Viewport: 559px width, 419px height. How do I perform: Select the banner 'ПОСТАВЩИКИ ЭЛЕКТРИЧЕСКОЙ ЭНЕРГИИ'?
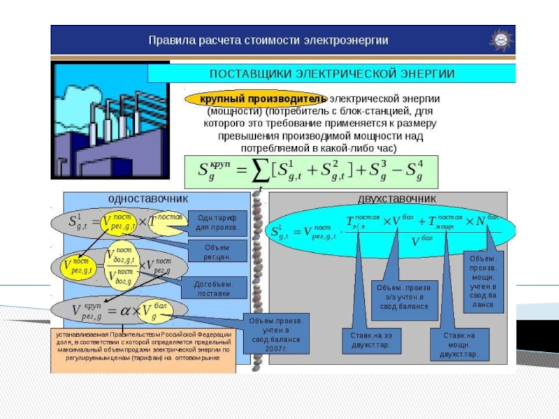(332, 73)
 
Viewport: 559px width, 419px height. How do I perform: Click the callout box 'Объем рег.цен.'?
(217, 251)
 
